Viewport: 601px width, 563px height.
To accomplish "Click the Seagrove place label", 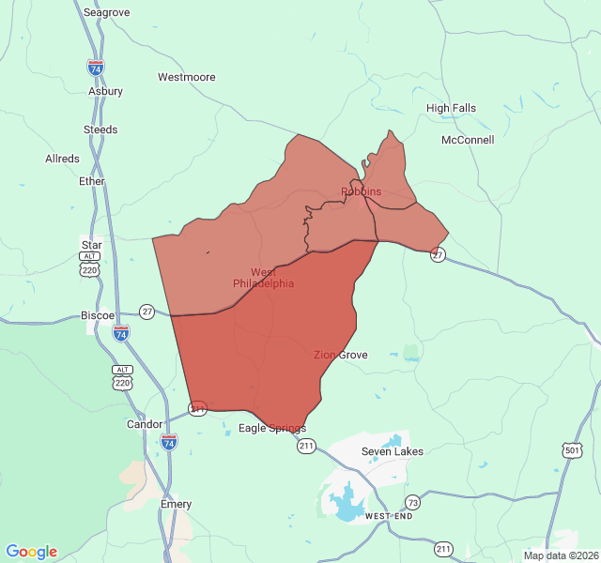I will coord(106,13).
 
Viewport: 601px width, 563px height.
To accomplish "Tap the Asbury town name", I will coord(105,92).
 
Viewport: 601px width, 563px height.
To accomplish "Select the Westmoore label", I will coord(186,77).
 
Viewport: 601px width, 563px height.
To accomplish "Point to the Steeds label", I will coord(100,129).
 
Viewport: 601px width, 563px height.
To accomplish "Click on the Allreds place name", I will coord(62,160).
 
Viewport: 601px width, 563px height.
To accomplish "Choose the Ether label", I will coord(92,181).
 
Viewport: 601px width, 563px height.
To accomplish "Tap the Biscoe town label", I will coord(98,315).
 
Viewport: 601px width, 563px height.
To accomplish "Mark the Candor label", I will coord(145,424).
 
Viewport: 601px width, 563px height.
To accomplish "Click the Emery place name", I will coord(176,504).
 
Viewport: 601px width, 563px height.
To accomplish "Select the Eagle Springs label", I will coord(272,428).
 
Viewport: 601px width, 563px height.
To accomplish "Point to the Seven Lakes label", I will coord(393,451).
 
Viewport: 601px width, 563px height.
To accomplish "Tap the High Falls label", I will coord(451,108).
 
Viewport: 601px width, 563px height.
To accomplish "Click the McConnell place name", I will coord(468,141).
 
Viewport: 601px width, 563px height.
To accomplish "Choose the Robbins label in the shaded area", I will coord(361,191).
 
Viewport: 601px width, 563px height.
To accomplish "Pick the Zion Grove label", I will coord(341,355).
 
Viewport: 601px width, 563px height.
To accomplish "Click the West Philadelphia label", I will coord(263,278).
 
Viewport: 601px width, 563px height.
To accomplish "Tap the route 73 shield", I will coord(412,502).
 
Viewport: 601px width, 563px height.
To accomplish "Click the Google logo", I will coord(32,552).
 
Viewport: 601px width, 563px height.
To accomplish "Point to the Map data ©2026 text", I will coord(561,555).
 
